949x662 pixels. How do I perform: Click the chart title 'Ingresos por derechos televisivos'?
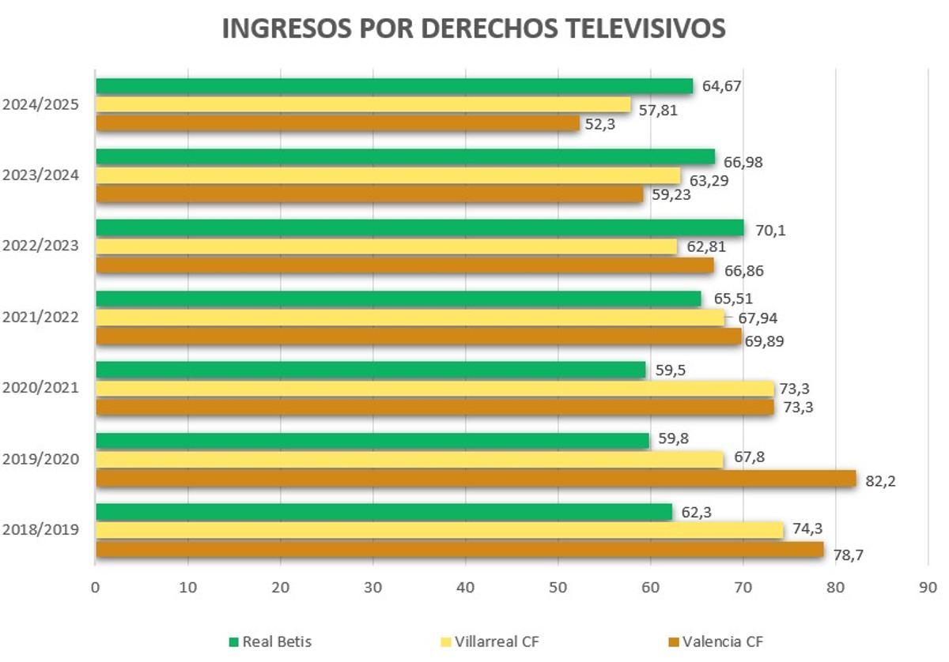473,28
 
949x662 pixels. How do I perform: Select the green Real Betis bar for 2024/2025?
394,86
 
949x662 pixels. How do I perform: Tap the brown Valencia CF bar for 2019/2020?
475,479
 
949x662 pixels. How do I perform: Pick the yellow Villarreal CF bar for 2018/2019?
439,531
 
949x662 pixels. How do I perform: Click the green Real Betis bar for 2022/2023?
419,228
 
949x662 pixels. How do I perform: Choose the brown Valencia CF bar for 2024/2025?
337,123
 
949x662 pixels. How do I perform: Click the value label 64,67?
721,86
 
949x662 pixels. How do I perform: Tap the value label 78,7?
848,555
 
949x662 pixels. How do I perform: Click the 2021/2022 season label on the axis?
40,317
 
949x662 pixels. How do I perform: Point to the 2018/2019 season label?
40,529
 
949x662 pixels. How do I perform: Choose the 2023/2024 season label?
40,175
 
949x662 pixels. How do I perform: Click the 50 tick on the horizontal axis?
558,588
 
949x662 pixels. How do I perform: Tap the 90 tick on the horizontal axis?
928,588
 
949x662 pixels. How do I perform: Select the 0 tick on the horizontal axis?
96,588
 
